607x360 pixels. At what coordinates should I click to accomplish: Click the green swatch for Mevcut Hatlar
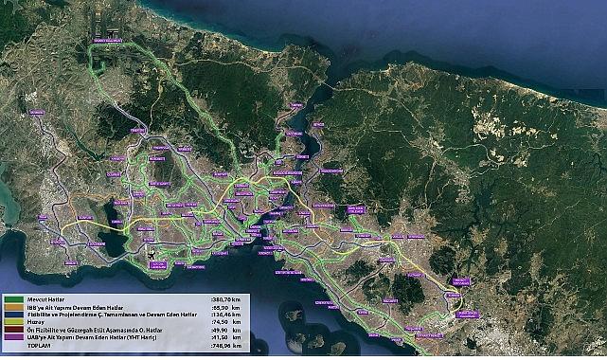[13, 299]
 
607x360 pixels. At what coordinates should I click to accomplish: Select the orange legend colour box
[13, 307]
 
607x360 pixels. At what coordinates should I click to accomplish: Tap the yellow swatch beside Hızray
[13, 322]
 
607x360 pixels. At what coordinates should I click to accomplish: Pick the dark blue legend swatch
[13, 315]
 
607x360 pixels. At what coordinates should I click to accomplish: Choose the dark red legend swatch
[13, 331]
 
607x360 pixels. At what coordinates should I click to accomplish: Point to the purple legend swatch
[13, 338]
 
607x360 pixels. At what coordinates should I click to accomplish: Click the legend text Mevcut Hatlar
[43, 299]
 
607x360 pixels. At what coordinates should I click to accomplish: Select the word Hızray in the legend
[35, 322]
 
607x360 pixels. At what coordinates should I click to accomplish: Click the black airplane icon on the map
[151, 257]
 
